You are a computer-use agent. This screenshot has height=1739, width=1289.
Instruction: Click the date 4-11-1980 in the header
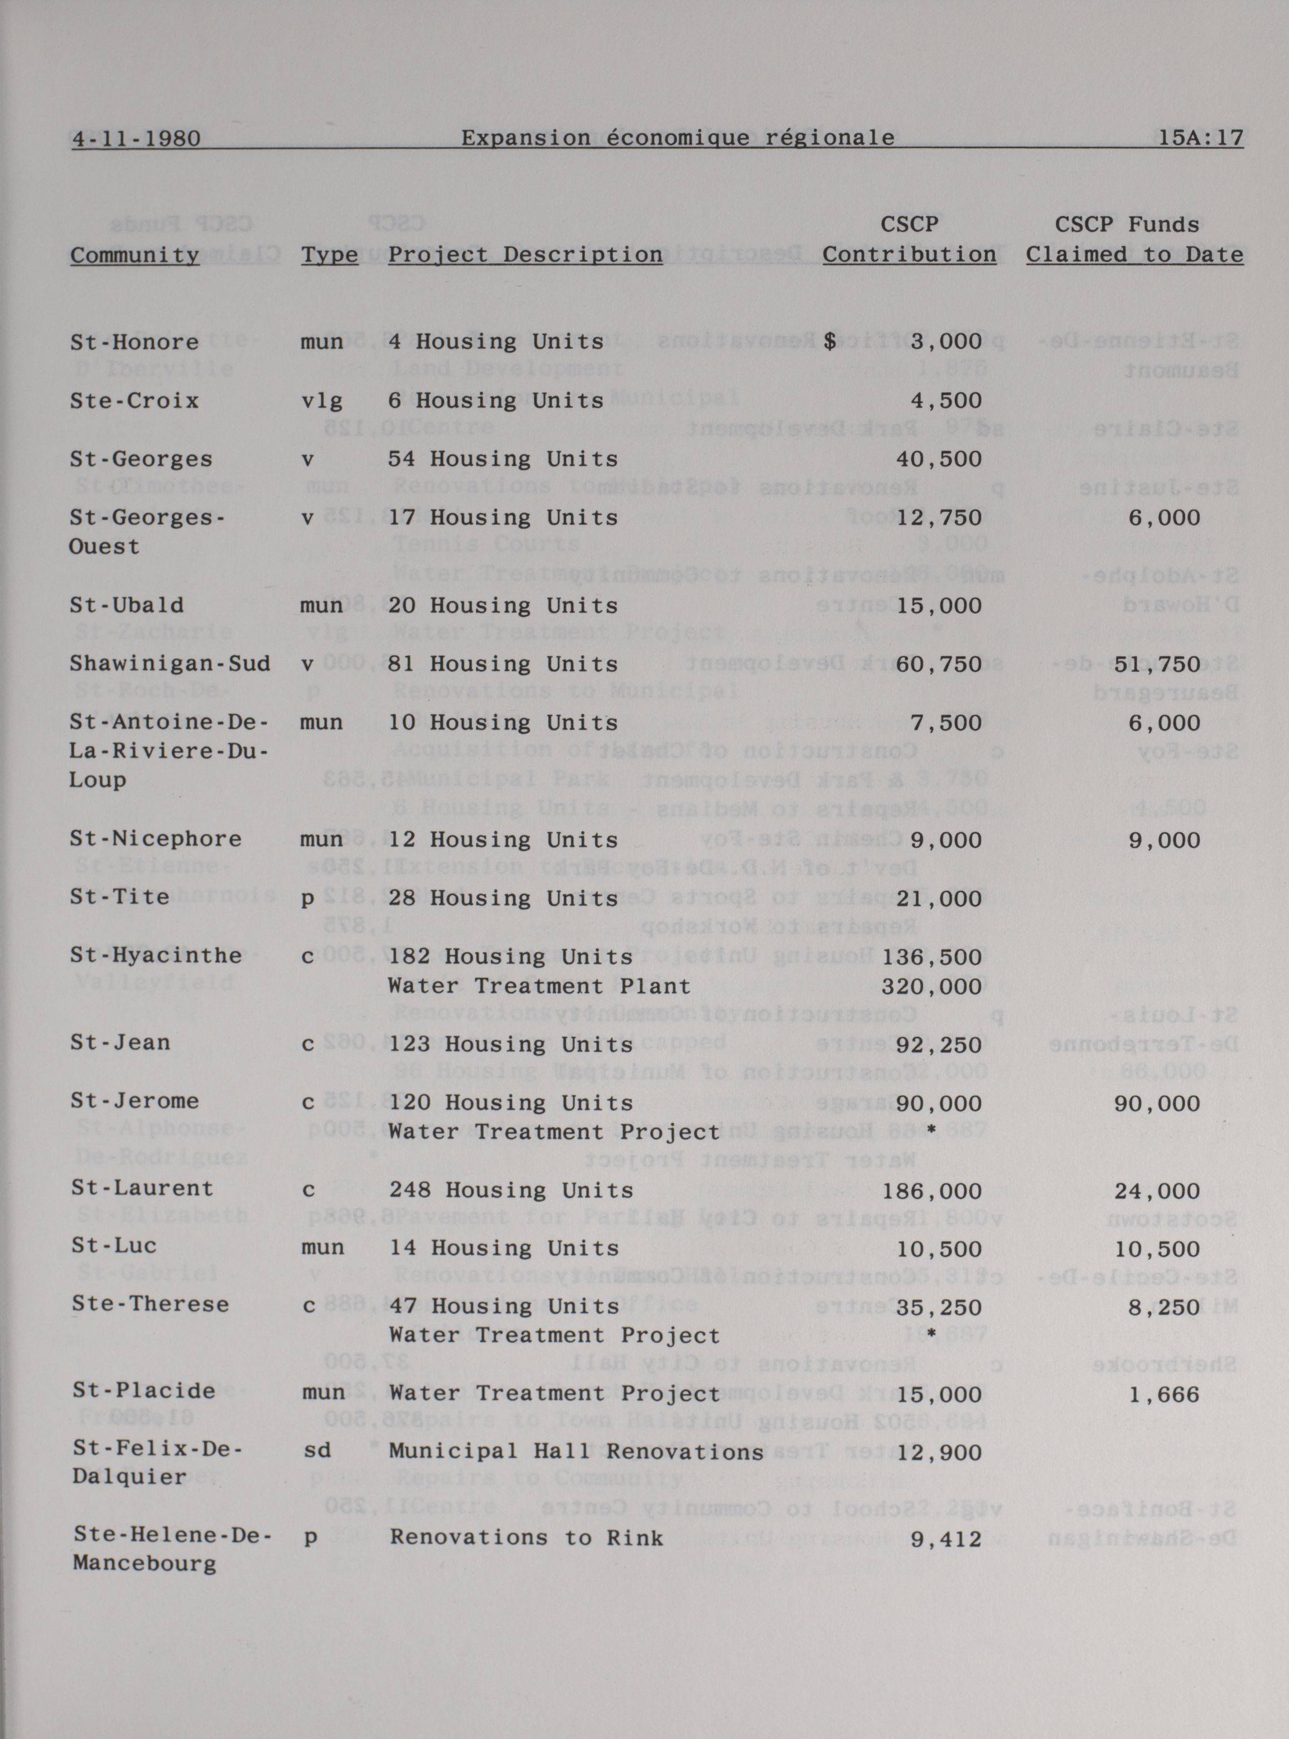[x=136, y=138]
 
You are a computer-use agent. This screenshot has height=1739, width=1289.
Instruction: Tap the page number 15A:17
[x=1201, y=138]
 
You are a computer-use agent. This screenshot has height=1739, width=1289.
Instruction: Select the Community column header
[x=135, y=255]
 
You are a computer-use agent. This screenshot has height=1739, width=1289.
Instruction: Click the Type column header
[x=329, y=255]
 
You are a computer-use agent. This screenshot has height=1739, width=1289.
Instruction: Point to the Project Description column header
[x=525, y=255]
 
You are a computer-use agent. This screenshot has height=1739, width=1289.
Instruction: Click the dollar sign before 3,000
[x=830, y=341]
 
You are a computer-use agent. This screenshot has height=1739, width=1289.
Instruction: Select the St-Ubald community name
[x=126, y=605]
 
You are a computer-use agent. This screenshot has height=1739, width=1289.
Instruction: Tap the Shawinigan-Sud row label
[x=169, y=664]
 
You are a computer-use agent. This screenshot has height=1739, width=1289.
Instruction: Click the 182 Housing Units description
[x=511, y=957]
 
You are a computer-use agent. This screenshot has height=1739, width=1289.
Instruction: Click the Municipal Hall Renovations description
[x=576, y=1452]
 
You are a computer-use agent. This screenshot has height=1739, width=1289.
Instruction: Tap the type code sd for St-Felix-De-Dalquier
[x=316, y=1451]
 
